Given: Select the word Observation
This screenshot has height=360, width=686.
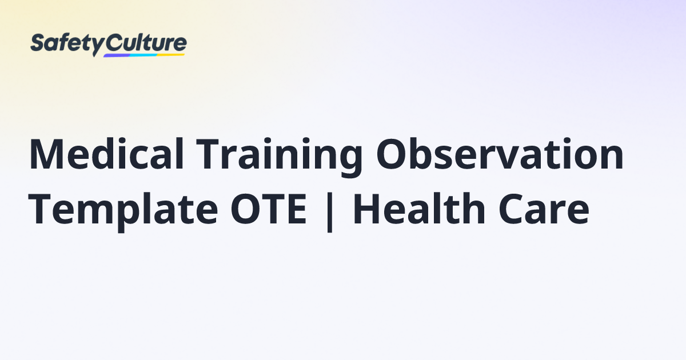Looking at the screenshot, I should pos(499,155).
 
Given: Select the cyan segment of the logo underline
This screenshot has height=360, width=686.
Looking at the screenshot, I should pos(143,55).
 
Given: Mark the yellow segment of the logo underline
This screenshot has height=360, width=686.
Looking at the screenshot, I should pos(171,55).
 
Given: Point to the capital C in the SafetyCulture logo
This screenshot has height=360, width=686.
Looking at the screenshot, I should pos(113,43).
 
